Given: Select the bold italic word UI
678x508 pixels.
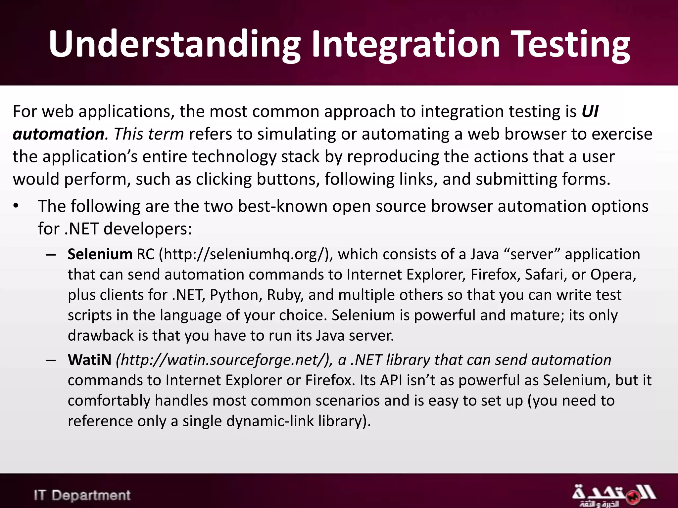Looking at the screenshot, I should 590,111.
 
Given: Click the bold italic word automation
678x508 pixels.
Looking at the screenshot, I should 59,134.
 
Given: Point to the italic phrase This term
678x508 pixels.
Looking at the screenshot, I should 149,134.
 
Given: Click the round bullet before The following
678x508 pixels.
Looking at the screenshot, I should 16,206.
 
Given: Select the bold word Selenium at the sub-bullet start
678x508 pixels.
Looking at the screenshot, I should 100,254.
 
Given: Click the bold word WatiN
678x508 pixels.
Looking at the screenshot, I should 89,360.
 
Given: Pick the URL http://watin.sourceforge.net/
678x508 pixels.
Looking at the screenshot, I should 224,360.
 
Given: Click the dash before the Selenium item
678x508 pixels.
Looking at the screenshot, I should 51,255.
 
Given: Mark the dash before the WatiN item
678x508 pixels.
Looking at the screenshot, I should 51,360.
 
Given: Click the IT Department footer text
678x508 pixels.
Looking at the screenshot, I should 82,495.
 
